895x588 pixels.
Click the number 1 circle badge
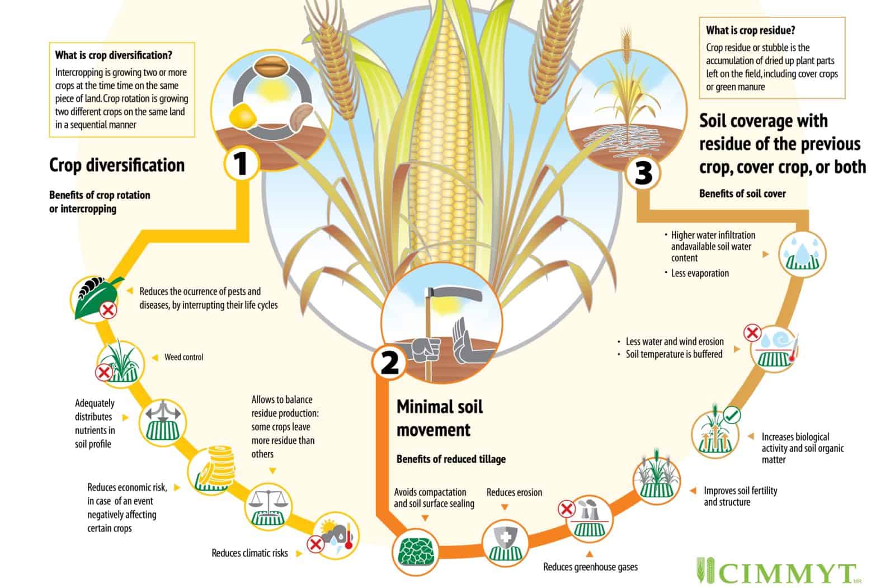click(x=241, y=164)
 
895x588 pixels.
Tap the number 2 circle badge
click(x=389, y=362)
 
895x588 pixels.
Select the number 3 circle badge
click(x=643, y=172)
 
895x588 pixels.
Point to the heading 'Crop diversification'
click(x=117, y=165)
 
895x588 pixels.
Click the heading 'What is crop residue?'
click(x=750, y=30)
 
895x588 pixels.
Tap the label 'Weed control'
click(x=183, y=357)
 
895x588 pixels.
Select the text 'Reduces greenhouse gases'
click(x=590, y=567)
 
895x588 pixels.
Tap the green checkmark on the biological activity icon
click(x=732, y=415)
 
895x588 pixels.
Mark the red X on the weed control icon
click(x=103, y=371)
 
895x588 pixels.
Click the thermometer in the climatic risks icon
click(x=348, y=536)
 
